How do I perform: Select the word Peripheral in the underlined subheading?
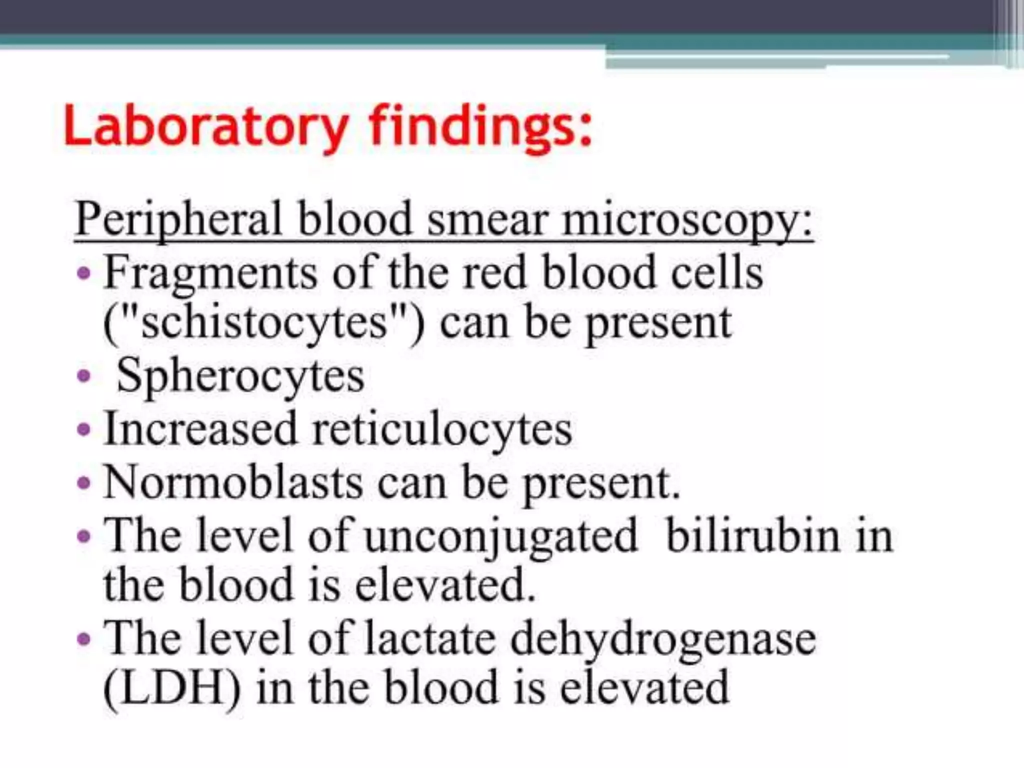tap(179, 220)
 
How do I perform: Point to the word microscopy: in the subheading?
tap(688, 220)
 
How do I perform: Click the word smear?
tap(487, 220)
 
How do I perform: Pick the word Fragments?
tap(210, 273)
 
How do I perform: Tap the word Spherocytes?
tap(240, 376)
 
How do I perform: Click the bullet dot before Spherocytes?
tap(84, 375)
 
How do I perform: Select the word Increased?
tap(200, 428)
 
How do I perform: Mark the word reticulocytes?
tap(442, 428)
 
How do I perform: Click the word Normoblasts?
tap(233, 482)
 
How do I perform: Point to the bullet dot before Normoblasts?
tap(84, 483)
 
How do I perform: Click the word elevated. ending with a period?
tap(445, 584)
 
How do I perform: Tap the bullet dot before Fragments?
tap(84, 273)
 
